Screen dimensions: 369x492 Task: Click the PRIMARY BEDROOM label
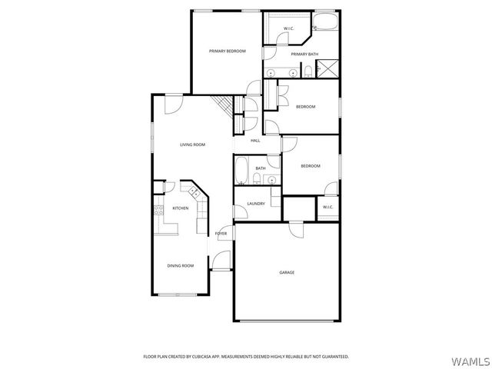227,51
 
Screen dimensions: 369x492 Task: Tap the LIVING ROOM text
192,145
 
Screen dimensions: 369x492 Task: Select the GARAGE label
287,272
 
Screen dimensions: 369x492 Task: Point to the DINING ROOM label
181,265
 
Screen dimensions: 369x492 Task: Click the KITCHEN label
181,208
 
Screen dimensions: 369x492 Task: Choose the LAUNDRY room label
256,204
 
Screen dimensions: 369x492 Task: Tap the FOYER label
221,233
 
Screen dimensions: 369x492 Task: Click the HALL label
255,141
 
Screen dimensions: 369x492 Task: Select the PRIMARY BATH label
304,54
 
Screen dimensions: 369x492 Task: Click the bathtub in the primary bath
325,22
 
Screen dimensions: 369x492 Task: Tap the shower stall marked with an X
328,69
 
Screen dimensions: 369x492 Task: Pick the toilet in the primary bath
308,71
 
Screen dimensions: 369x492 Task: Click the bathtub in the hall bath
241,170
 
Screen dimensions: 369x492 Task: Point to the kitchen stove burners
159,208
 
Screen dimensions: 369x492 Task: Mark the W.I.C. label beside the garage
327,207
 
